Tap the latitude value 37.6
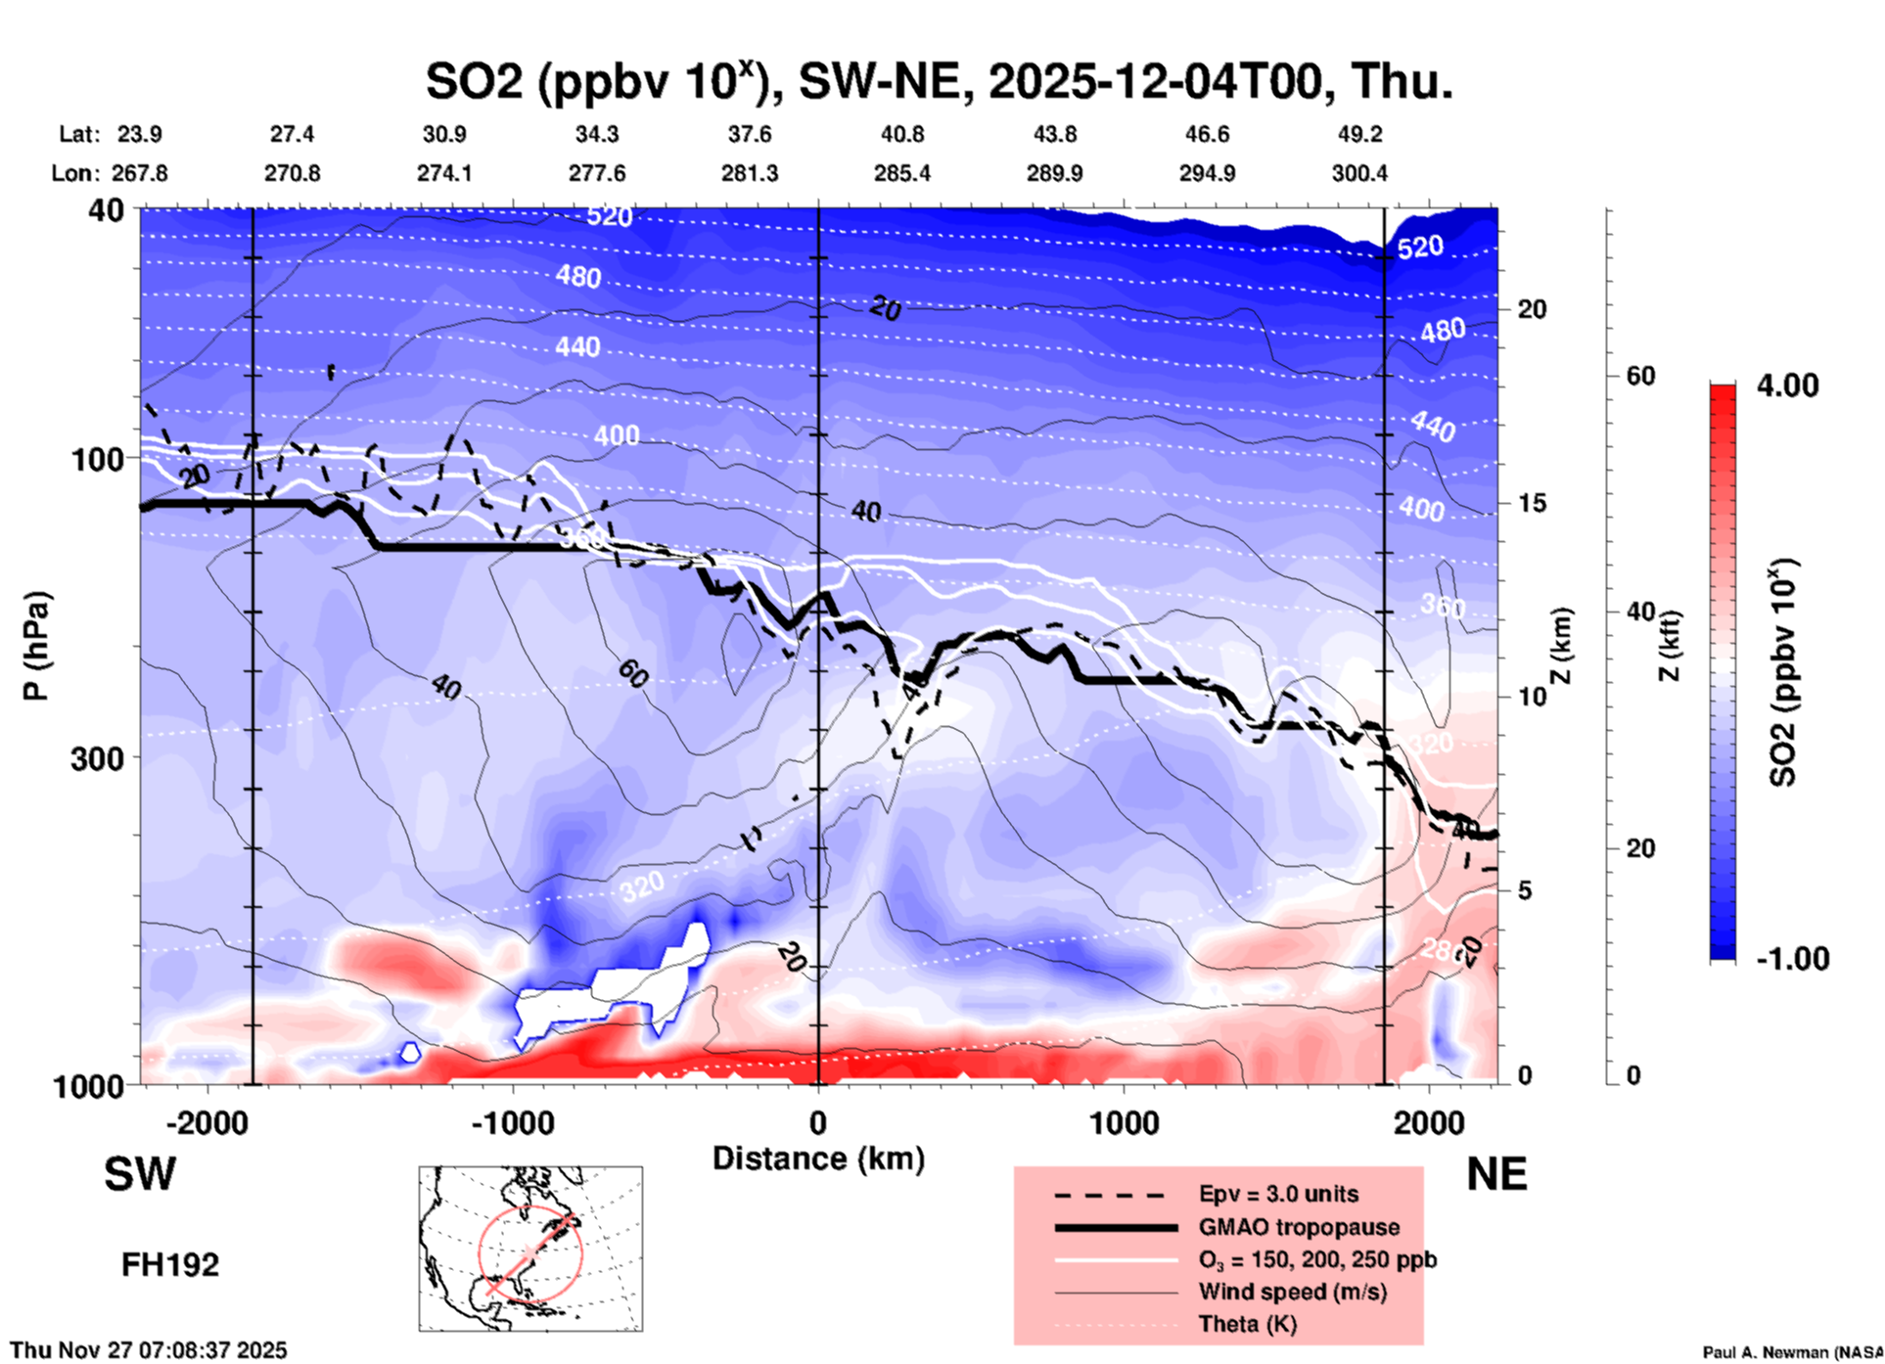pos(749,134)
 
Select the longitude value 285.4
pos(901,173)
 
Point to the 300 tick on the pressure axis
pos(98,757)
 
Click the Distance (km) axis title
pos(818,1159)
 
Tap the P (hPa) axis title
pos(36,646)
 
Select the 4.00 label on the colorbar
pos(1786,386)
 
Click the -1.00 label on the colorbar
pos(1792,959)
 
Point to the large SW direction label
pos(140,1174)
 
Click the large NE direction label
pos(1496,1174)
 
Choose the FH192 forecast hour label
pos(170,1265)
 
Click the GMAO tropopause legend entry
pos(1299,1227)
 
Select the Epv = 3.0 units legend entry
pos(1277,1194)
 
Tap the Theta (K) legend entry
pos(1247,1324)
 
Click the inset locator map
pos(530,1249)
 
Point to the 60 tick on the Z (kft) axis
pos(1640,376)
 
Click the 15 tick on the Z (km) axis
pos(1532,503)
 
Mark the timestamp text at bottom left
pos(149,1350)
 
